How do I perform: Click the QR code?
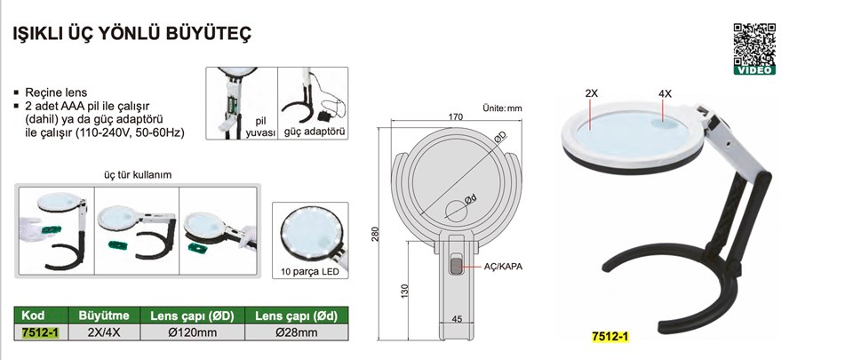click(754, 44)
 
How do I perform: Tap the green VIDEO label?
click(754, 70)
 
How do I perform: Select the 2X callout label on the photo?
click(592, 93)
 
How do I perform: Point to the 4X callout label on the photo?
click(665, 93)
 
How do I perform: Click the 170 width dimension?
click(456, 117)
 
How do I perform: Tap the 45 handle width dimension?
click(457, 319)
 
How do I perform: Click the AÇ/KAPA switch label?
click(503, 267)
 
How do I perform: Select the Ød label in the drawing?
click(471, 200)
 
